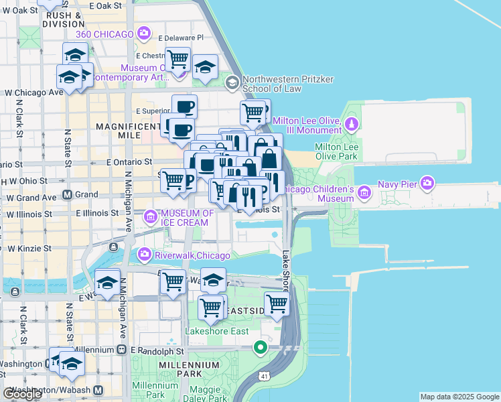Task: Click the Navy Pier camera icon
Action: pyautogui.click(x=427, y=182)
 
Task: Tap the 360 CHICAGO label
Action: pyautogui.click(x=105, y=33)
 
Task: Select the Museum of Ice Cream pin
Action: pyautogui.click(x=151, y=216)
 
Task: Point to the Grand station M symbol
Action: pyautogui.click(x=68, y=195)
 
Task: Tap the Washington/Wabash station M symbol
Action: pyautogui.click(x=98, y=390)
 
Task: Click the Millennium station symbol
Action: pyautogui.click(x=121, y=350)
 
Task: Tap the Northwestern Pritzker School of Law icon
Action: pyautogui.click(x=232, y=83)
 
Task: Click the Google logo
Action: pyautogui.click(x=22, y=394)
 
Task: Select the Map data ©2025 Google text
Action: pyautogui.click(x=459, y=397)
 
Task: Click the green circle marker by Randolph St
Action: pyautogui.click(x=261, y=347)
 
